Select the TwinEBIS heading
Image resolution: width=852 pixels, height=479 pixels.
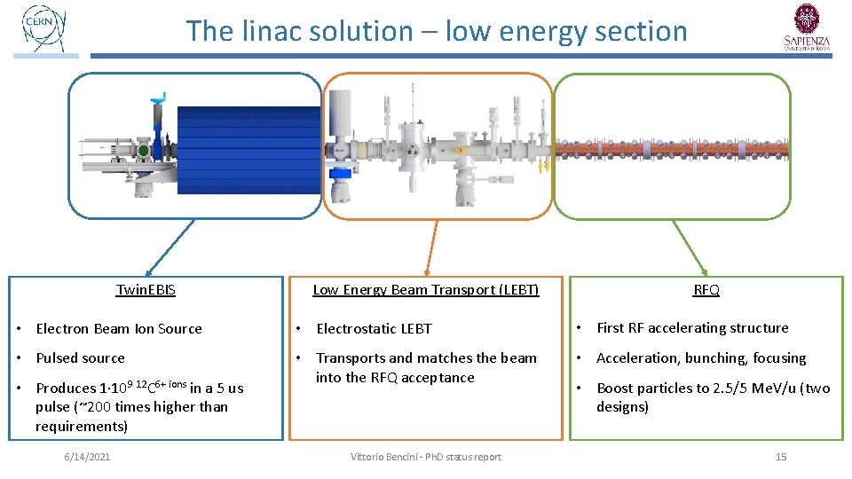(x=146, y=290)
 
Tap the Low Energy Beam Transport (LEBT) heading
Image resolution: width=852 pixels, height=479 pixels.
(x=425, y=290)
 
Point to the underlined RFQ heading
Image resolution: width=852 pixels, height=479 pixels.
(x=706, y=290)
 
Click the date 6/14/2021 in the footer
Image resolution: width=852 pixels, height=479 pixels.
(x=86, y=457)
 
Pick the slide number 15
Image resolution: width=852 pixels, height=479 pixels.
(x=781, y=457)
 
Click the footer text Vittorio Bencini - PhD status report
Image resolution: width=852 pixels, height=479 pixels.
(x=425, y=457)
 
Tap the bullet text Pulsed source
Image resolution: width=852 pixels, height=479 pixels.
(x=80, y=358)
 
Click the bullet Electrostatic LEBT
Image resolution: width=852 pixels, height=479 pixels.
(x=374, y=329)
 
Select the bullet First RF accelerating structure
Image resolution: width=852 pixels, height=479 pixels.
(x=692, y=328)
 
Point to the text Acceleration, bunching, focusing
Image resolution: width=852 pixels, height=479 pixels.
(x=701, y=358)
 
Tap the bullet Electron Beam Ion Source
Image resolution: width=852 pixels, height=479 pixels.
(x=119, y=329)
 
